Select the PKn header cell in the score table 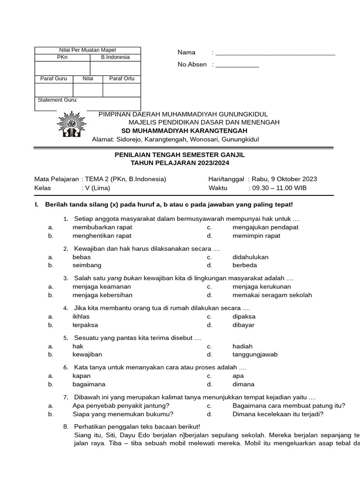[x=62, y=57]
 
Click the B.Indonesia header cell [x=115, y=57]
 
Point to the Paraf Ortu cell [x=121, y=79]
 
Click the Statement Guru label [x=58, y=100]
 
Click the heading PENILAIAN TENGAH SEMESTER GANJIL [x=180, y=155]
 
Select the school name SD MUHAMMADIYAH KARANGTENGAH [x=184, y=131]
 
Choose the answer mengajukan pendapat [x=265, y=227]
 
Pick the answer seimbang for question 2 [x=87, y=265]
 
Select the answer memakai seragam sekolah [x=272, y=295]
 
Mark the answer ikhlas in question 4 [x=81, y=316]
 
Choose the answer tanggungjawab [x=255, y=355]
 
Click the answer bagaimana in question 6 [x=89, y=384]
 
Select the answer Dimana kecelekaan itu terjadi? [x=277, y=414]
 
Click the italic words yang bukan [x=124, y=278]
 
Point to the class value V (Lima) [x=97, y=188]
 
